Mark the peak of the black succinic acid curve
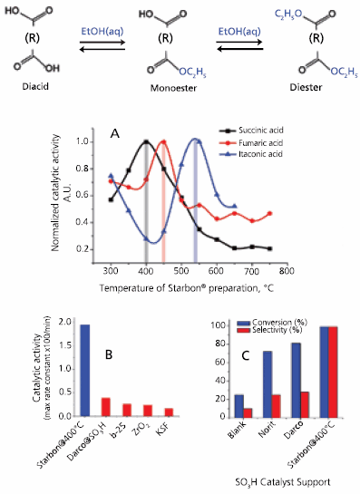point(146,141)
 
